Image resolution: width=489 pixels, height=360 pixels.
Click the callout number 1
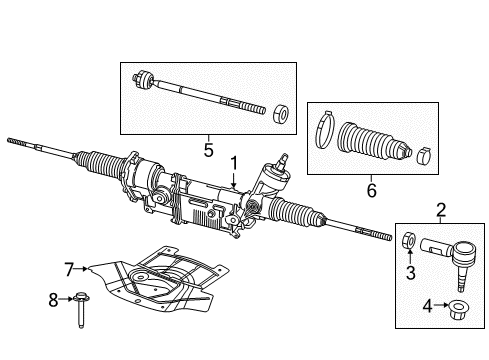(x=233, y=163)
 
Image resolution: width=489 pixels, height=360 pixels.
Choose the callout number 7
(x=70, y=268)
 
